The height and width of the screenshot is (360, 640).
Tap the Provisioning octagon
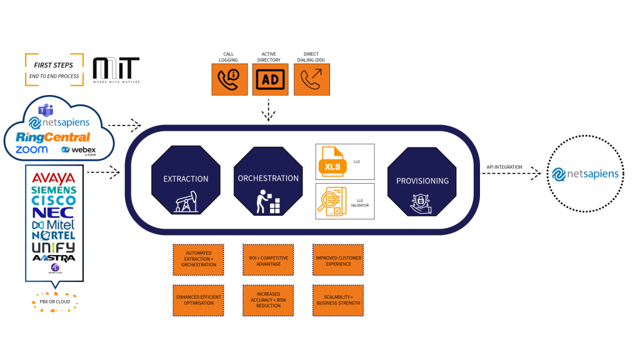[422, 181]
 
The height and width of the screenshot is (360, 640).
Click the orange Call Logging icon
[229, 79]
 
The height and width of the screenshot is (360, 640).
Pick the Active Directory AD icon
[270, 79]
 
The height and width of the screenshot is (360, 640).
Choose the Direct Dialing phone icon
[311, 79]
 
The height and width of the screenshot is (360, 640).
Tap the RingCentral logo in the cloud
[53, 137]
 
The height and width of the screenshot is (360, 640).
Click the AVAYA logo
[53, 177]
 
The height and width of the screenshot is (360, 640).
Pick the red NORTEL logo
[53, 235]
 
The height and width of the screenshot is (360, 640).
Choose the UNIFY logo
[53, 247]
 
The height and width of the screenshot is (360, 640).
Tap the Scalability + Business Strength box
[338, 299]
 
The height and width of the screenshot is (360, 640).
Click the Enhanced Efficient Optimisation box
[199, 299]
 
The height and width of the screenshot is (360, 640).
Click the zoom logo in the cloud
[32, 150]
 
